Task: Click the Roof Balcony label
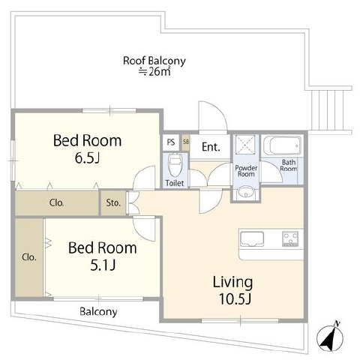tap(154, 61)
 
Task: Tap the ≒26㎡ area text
tap(155, 72)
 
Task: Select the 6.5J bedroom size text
tap(88, 157)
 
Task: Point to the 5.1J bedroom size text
tap(103, 265)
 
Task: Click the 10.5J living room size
tap(235, 298)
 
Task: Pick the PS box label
tap(171, 142)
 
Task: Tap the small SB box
tap(185, 142)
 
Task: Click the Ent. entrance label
tap(211, 147)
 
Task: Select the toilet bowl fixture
tap(175, 164)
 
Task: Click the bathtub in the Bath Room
tap(283, 145)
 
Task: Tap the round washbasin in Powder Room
tap(246, 193)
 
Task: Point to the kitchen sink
tap(252, 238)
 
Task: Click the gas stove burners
tap(290, 238)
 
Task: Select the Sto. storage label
tap(113, 202)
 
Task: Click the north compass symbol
tap(330, 337)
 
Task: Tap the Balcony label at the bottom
tap(98, 312)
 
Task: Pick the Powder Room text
tap(246, 171)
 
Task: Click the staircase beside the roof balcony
tap(327, 110)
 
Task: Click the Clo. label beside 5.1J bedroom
tap(29, 257)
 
